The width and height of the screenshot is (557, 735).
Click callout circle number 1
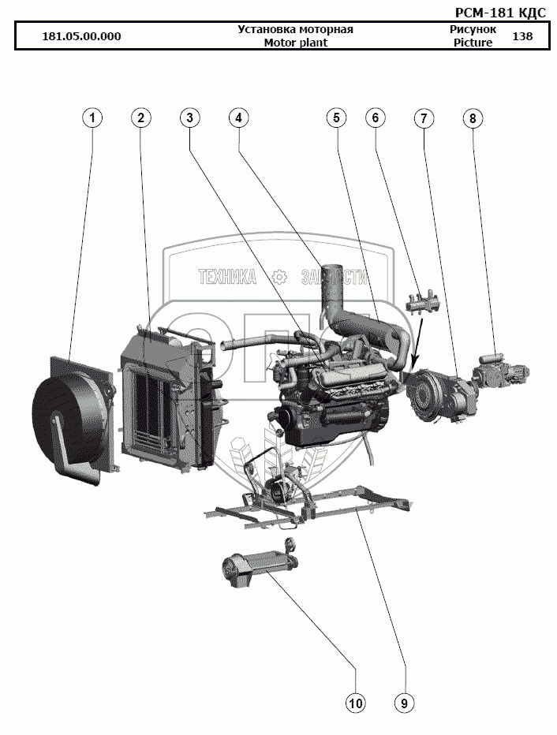pos(93,118)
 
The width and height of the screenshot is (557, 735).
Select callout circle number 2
pos(140,118)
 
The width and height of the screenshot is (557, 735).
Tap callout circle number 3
pos(189,118)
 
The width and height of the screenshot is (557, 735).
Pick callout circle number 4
pos(238,118)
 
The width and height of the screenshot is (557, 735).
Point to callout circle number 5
pos(336,118)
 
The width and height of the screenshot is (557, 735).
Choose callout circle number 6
pos(376,118)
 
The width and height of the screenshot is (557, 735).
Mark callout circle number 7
pos(424,118)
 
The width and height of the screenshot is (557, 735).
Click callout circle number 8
pos(472,118)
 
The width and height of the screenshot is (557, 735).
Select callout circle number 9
pos(405,702)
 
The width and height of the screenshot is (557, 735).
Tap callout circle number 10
pos(356,702)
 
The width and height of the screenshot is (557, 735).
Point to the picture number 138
pos(522,36)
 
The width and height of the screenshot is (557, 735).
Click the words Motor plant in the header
pos(296,43)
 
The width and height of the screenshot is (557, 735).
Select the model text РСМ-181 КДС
pos(501,12)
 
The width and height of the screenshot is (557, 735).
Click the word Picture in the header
pos(473,43)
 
